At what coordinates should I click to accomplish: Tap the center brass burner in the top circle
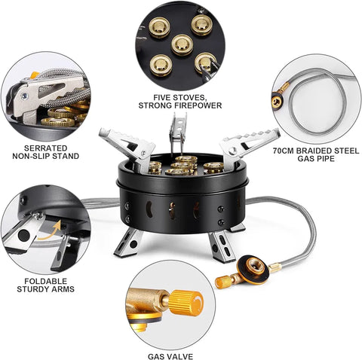tap(181, 44)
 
